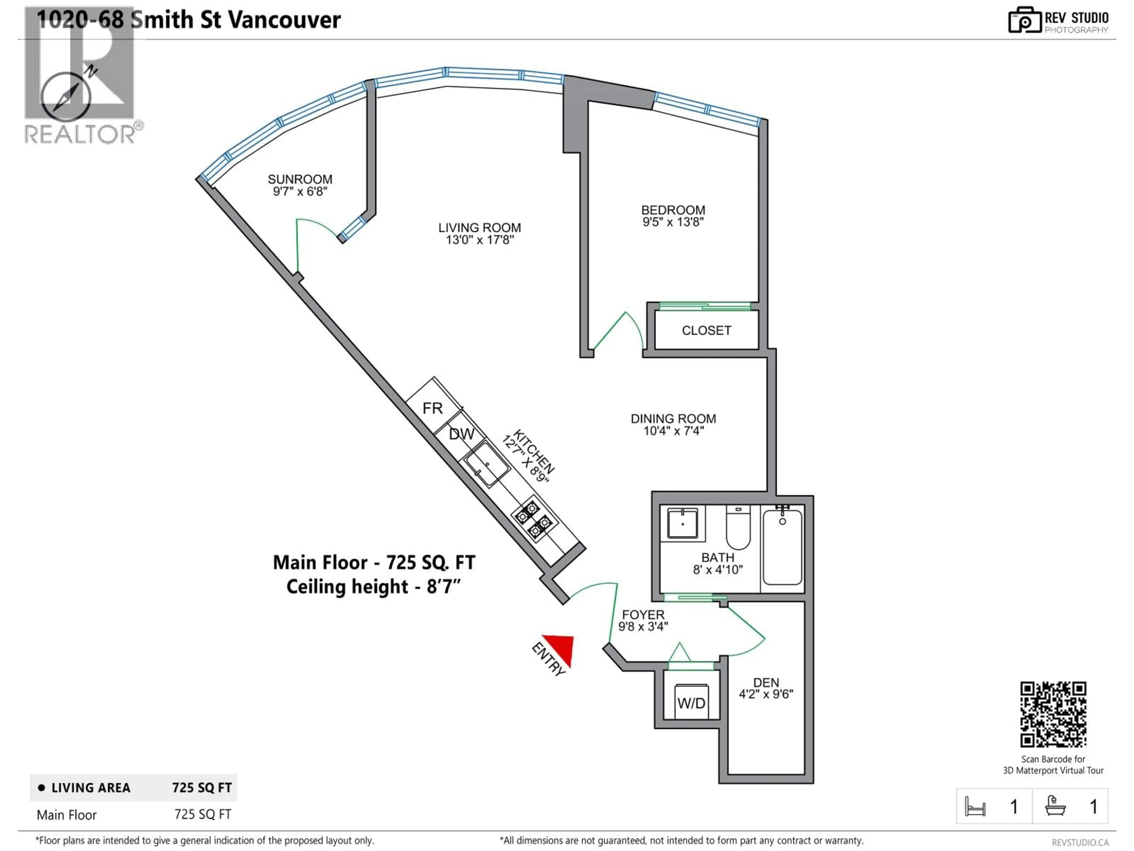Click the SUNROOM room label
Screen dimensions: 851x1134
coord(300,179)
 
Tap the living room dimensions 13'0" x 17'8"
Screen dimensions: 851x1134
coord(479,240)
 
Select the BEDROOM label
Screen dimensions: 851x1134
coord(673,210)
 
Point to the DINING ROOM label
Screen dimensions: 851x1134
coord(673,419)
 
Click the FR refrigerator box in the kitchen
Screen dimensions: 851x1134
coord(433,408)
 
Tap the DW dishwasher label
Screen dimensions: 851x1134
coord(461,434)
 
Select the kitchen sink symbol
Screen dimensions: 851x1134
coord(486,464)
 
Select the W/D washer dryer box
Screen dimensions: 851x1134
coord(691,702)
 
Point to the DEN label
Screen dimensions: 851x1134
coord(766,682)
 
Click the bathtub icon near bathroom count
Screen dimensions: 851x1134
coord(1055,806)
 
